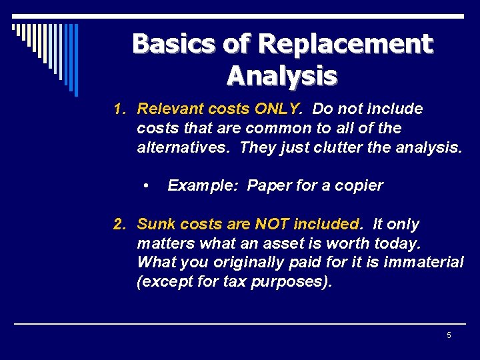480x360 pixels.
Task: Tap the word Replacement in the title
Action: pos(345,44)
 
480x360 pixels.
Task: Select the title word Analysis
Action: pos(282,75)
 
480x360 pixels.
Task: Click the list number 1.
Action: pos(119,109)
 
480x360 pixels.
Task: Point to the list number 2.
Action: pos(119,224)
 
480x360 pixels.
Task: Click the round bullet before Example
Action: pos(146,185)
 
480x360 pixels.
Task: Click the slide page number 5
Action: pos(449,335)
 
